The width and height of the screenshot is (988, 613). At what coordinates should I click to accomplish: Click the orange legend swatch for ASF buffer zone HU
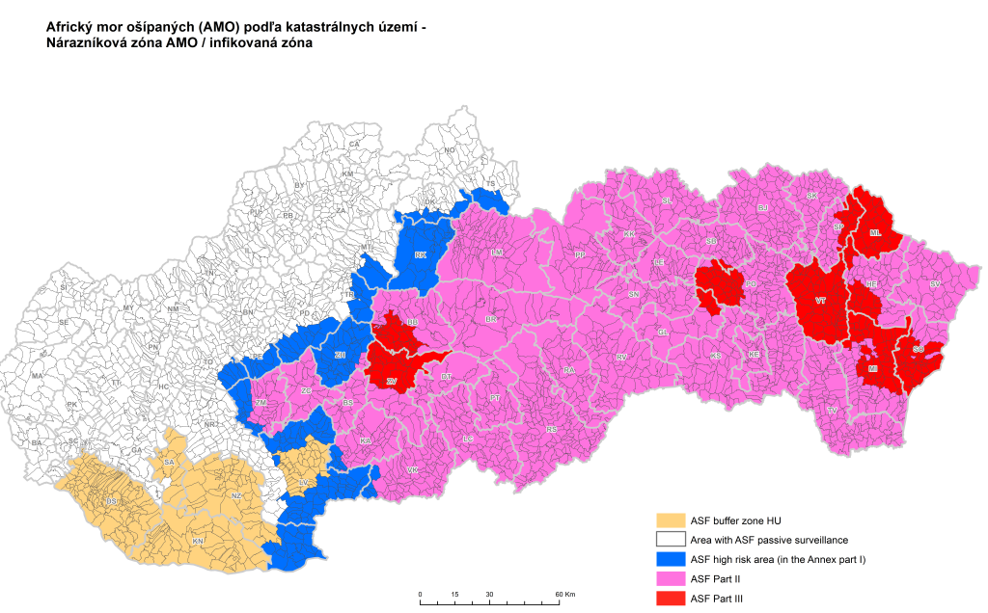coord(669,520)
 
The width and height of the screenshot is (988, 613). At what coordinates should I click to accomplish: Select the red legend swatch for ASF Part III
coord(669,599)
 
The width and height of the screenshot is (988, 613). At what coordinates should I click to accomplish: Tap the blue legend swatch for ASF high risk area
coord(669,559)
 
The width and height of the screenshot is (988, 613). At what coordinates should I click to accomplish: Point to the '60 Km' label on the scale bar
coord(563,594)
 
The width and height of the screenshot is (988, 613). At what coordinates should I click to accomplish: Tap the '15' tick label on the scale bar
coord(454,594)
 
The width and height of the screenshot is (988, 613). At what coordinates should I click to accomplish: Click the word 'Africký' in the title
coord(72,27)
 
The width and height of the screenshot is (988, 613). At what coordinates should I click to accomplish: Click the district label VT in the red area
coord(820,301)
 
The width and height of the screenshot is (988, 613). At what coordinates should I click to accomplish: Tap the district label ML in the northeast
coord(874,233)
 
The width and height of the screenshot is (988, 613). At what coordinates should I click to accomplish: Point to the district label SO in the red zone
coord(918,349)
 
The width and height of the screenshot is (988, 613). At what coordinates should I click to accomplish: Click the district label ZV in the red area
coord(391,382)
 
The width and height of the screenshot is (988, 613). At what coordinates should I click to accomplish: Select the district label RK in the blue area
coord(421,255)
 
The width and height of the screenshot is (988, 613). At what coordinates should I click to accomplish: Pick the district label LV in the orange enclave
coord(303,482)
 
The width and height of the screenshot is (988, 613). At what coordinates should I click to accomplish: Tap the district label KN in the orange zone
coord(198,542)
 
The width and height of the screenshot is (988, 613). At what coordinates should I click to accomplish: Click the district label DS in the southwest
coord(112,501)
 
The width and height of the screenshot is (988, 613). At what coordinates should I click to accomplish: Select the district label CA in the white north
coord(354,144)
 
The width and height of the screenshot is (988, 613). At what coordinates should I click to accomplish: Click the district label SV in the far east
coord(934,284)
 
